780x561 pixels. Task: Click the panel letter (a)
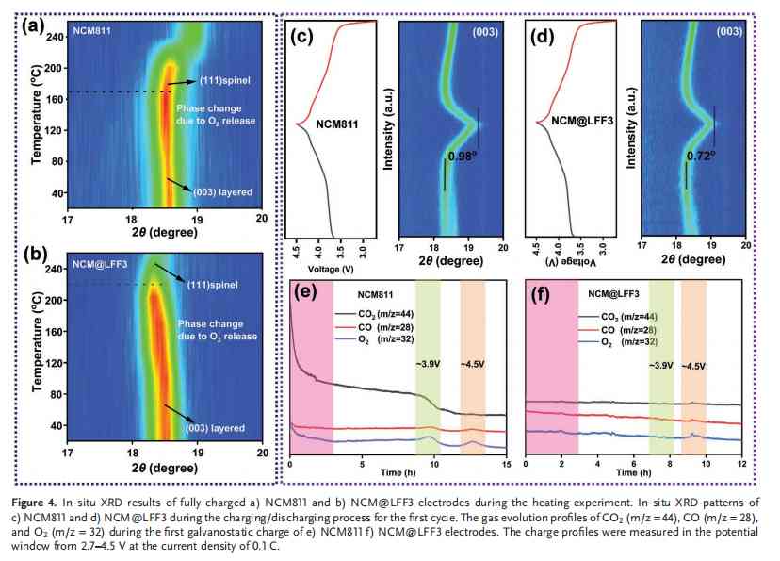[x=33, y=25]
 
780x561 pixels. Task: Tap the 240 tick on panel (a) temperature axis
[x=55, y=37]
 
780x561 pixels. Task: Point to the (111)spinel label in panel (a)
[x=225, y=81]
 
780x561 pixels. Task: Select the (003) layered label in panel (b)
[x=216, y=428]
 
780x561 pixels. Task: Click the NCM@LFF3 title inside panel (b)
[x=100, y=264]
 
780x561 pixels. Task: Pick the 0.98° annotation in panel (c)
[x=463, y=157]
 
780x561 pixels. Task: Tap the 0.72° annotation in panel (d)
[x=701, y=156]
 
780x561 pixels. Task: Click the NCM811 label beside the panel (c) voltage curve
[x=336, y=124]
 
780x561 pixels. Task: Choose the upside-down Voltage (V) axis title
[x=570, y=262]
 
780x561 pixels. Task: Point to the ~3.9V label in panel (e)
[x=428, y=364]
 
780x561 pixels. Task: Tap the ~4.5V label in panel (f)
[x=693, y=367]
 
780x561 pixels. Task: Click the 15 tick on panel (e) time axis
[x=506, y=464]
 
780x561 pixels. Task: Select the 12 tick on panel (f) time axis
[x=741, y=464]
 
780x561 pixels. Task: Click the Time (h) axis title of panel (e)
[x=398, y=472]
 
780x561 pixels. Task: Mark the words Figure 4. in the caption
[x=34, y=503]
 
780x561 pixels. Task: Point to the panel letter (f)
[x=540, y=295]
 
